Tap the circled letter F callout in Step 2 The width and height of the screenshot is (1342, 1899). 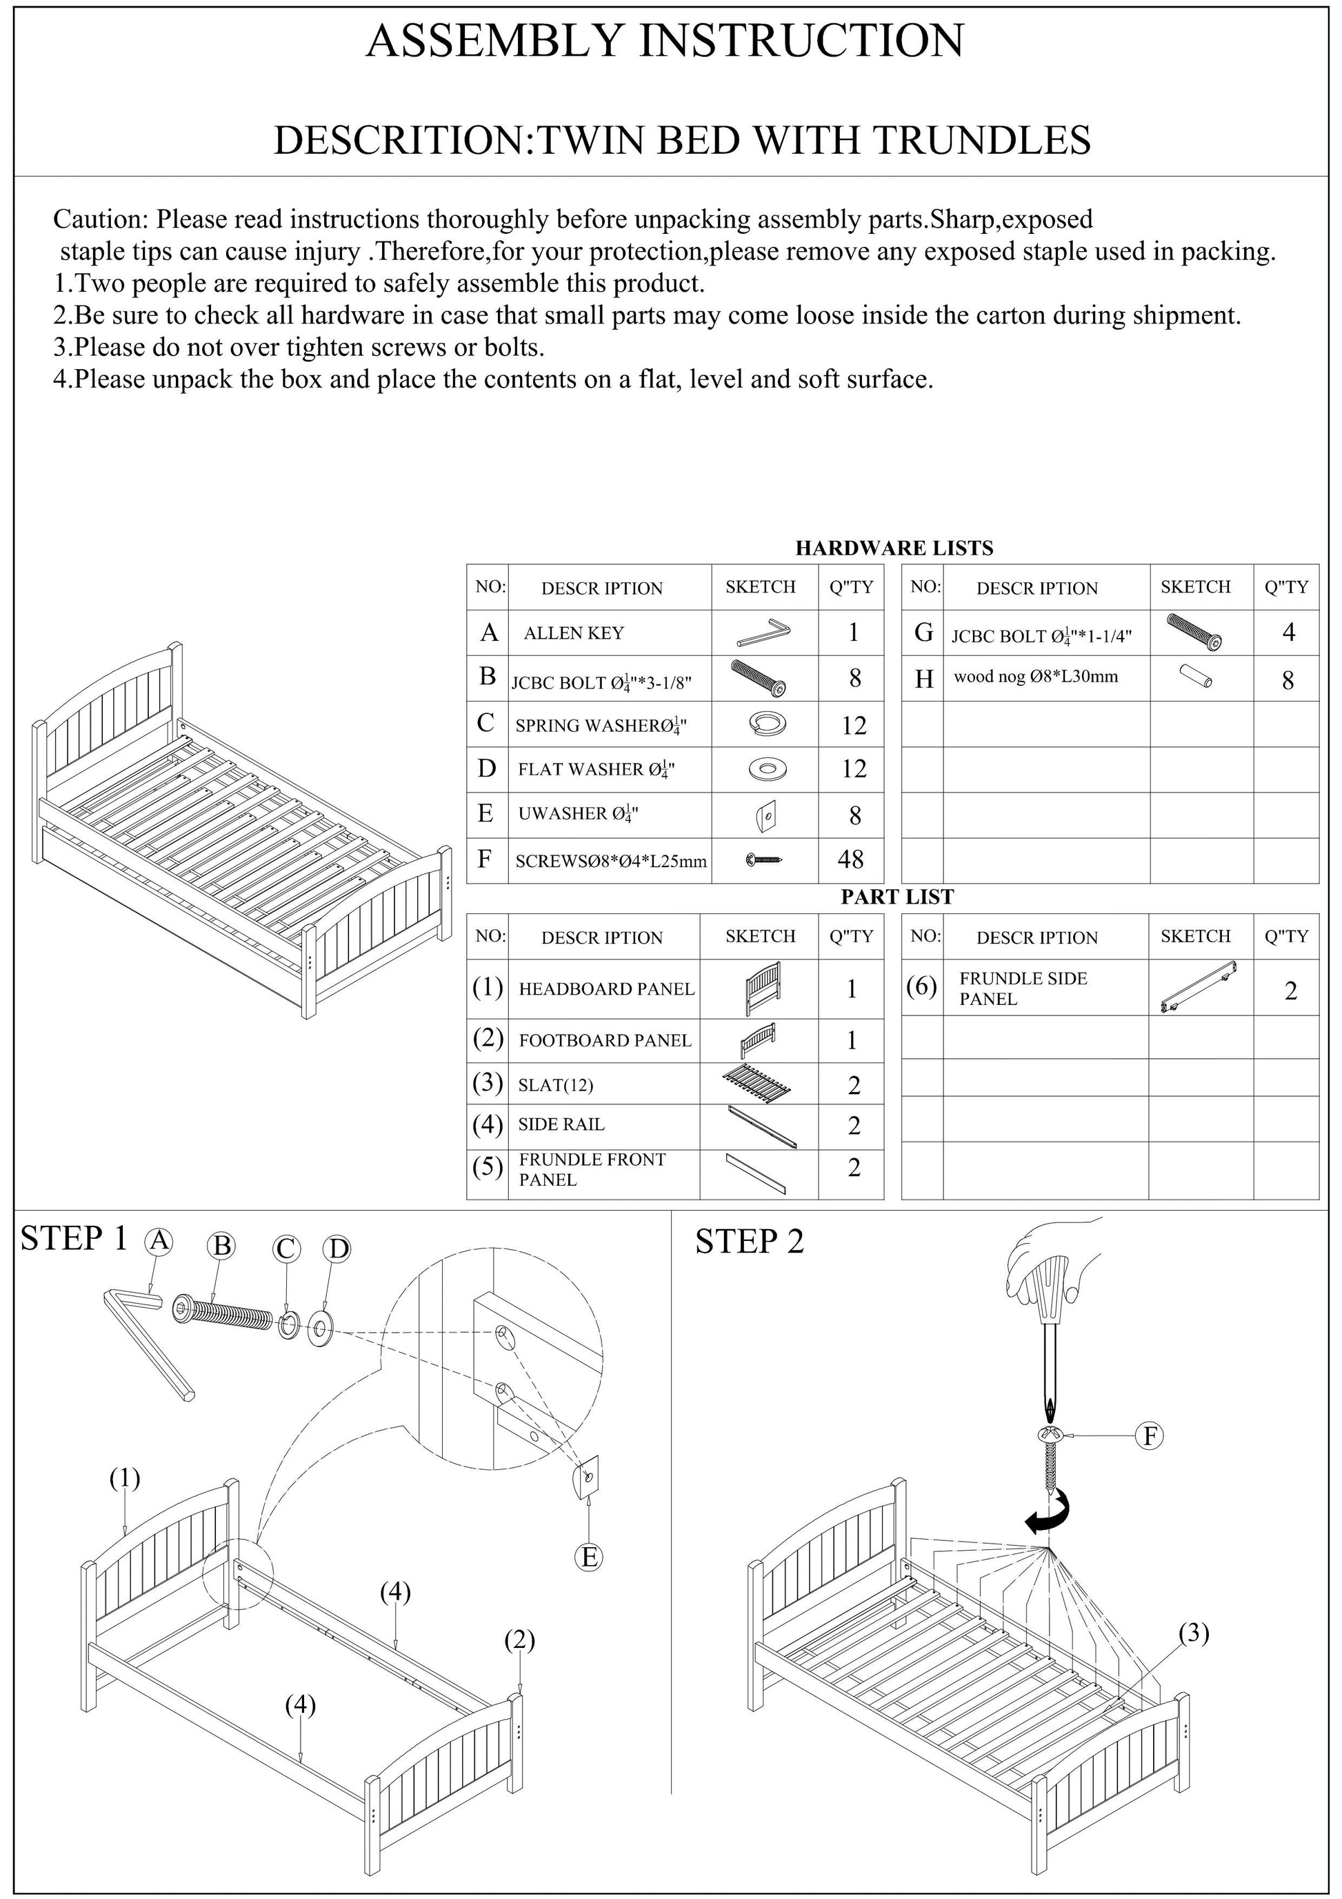[1148, 1436]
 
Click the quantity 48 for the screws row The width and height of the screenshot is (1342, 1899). [851, 859]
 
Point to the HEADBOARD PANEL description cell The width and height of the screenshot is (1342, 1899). [605, 989]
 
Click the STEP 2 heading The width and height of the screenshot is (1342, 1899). [749, 1242]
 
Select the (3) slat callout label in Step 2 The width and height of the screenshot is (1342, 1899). [1193, 1633]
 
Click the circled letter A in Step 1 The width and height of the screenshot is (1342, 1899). [158, 1241]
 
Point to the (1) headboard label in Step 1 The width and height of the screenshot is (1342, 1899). [125, 1478]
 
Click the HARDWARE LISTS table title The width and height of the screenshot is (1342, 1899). [894, 548]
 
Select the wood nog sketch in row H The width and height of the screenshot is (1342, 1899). [1196, 676]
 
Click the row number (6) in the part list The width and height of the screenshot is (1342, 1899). [921, 986]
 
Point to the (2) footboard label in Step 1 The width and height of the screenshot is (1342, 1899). [519, 1640]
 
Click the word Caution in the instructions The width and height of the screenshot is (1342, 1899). [100, 220]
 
